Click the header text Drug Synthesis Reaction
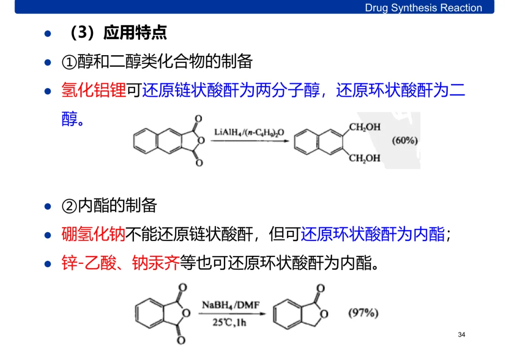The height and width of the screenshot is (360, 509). coord(423,8)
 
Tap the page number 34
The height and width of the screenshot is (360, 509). coord(461,335)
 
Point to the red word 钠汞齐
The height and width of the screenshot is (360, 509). coord(156,263)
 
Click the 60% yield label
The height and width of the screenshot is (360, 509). coord(404,140)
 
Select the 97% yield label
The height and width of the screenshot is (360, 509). coord(363,312)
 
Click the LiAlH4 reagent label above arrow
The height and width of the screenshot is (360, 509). coord(249,132)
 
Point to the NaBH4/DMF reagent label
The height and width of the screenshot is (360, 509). coord(230,305)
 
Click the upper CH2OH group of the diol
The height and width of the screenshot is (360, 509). coord(364,127)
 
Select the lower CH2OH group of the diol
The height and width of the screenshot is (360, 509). coord(364,158)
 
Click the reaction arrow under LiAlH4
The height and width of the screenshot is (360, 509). coord(249,140)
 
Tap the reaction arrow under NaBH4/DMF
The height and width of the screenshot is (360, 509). coord(231,314)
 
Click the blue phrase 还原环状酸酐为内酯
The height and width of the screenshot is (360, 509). coord(373,234)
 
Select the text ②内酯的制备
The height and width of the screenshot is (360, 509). coord(109,205)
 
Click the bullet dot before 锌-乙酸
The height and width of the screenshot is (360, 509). coord(47,264)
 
